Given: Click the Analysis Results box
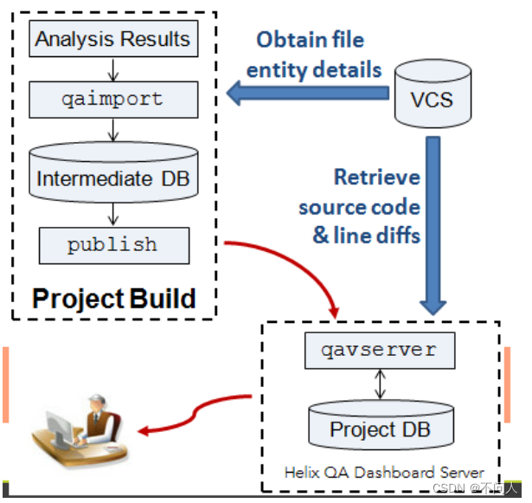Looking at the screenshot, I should pyautogui.click(x=112, y=39).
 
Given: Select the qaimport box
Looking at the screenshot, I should pyautogui.click(x=112, y=99).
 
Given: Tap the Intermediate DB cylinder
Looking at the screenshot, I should pyautogui.click(x=112, y=174).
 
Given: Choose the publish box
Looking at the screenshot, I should pyautogui.click(x=112, y=245).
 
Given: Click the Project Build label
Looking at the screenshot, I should pyautogui.click(x=113, y=299).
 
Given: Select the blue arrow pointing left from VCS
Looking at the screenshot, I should pyautogui.click(x=303, y=93).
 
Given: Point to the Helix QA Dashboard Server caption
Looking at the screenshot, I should pyautogui.click(x=384, y=472).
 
